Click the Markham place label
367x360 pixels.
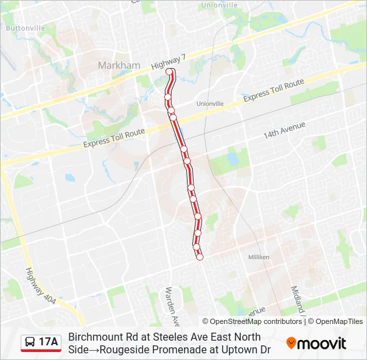click(119, 65)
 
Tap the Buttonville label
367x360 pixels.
click(25, 29)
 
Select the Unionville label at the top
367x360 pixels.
click(220, 5)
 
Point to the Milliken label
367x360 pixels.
click(258, 257)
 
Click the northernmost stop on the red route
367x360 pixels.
click(169, 71)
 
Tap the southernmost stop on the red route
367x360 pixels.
click(200, 257)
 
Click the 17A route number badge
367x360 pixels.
click(49, 343)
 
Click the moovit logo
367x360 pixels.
click(316, 343)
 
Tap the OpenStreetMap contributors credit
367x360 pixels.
click(252, 321)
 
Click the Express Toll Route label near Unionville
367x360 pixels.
click(274, 90)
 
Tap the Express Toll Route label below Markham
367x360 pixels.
click(114, 138)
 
